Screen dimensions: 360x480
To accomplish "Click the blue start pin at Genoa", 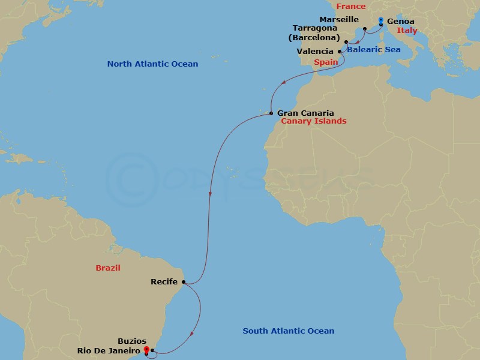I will tap(381, 22).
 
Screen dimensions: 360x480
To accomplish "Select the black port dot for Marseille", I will tap(365, 28).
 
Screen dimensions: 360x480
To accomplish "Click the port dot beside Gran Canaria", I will tap(271, 113).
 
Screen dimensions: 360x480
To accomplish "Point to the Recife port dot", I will tap(184, 282).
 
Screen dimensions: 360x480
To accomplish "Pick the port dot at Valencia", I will tap(340, 52).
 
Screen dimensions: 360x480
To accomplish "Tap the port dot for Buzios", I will tap(152, 350).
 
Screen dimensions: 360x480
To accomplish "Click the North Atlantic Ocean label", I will tap(152, 64).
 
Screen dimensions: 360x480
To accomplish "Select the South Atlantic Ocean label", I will tap(288, 331).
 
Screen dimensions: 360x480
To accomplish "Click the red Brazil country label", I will tap(108, 268).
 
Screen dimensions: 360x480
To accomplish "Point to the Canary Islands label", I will tap(313, 121).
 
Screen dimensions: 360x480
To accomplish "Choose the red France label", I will tap(351, 6).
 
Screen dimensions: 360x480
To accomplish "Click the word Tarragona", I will tap(316, 28).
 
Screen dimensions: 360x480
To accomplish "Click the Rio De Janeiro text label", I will tap(109, 351).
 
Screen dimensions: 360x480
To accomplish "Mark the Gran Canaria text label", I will tap(305, 112).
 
